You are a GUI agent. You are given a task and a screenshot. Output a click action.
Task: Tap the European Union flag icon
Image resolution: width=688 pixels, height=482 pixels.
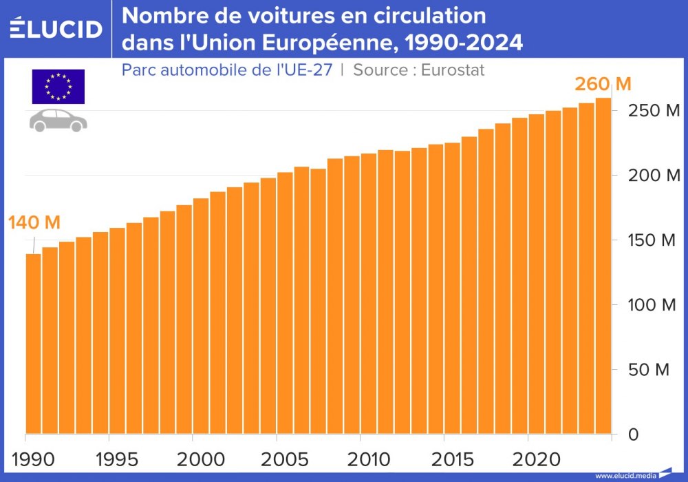tap(58, 86)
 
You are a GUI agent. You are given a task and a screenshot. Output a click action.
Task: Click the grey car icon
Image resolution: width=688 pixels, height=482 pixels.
tap(58, 120)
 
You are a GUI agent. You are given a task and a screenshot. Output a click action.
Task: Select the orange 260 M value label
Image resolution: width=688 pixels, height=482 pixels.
tap(603, 85)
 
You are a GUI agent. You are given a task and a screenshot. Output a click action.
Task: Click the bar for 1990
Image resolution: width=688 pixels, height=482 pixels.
tap(33, 344)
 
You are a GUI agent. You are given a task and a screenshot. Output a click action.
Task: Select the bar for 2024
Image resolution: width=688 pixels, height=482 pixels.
tap(603, 269)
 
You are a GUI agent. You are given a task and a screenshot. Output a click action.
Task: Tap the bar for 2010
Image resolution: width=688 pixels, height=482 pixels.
tap(369, 296)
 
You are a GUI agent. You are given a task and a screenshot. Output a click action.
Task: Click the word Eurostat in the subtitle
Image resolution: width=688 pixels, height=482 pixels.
tap(453, 70)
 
